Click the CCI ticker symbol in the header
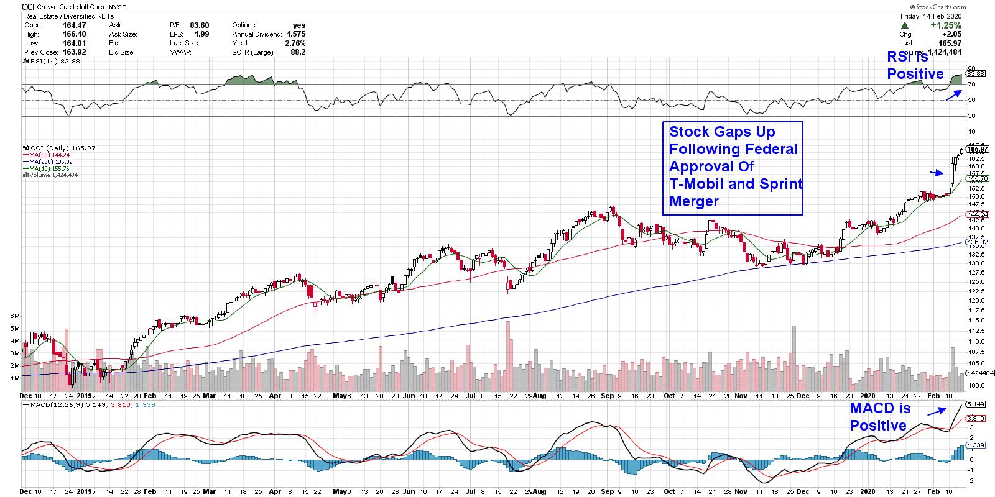click(29, 7)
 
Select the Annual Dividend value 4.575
click(295, 34)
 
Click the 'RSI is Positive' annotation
click(915, 65)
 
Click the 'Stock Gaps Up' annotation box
click(732, 166)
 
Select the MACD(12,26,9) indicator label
click(59, 405)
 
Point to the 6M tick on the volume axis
click(15, 316)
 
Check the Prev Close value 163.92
click(73, 52)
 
